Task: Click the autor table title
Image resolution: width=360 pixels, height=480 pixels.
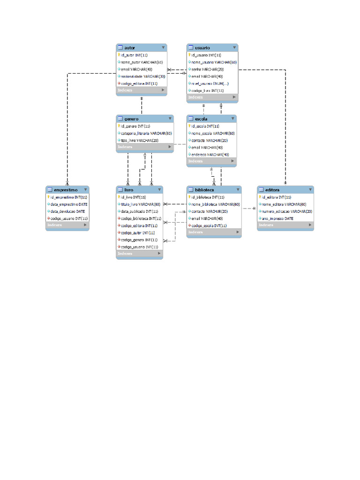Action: pyautogui.click(x=130, y=48)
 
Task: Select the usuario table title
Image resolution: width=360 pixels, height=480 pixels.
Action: pyautogui.click(x=202, y=48)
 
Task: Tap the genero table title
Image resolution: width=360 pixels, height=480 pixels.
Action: pyautogui.click(x=131, y=119)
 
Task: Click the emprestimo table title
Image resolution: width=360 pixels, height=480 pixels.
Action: pyautogui.click(x=65, y=190)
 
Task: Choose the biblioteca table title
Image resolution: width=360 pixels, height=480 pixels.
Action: pyautogui.click(x=204, y=190)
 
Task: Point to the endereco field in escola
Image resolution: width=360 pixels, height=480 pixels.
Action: pyautogui.click(x=210, y=154)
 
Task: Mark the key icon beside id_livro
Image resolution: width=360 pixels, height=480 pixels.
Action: pyautogui.click(x=119, y=197)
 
